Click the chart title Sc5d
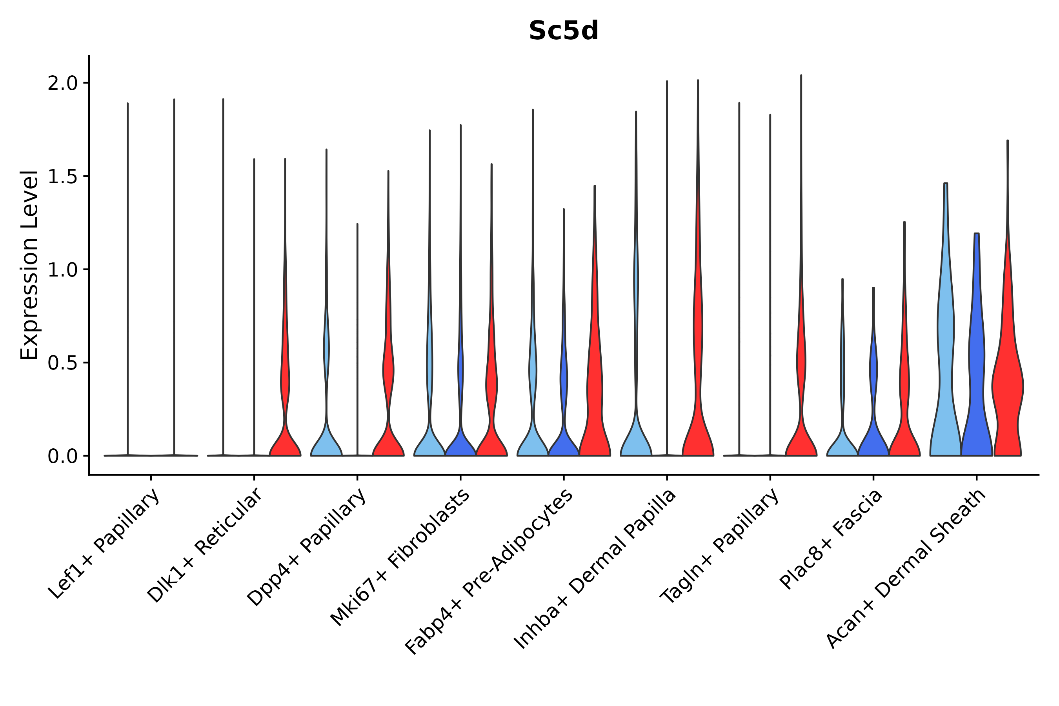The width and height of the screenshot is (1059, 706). [x=563, y=31]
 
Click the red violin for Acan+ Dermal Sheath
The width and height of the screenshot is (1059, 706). [x=1007, y=387]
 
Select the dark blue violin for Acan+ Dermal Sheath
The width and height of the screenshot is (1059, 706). [x=976, y=383]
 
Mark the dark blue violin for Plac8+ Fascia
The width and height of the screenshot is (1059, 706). [x=873, y=432]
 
